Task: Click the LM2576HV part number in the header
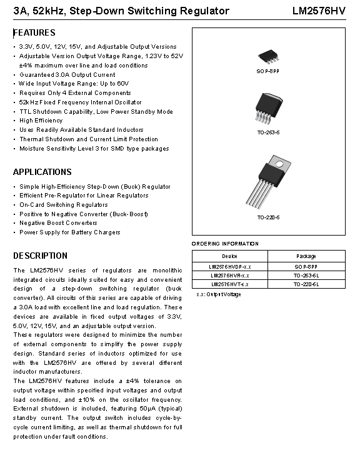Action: (319, 11)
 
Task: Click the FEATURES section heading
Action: (34, 32)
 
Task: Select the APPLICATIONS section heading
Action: (42, 172)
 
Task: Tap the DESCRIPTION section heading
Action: (41, 256)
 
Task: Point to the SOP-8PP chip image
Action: (268, 57)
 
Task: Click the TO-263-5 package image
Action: (268, 108)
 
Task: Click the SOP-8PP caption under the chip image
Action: (268, 72)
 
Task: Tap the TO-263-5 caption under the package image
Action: (268, 132)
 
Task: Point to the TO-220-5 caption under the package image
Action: (268, 217)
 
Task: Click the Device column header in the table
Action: (229, 256)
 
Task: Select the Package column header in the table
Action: (306, 256)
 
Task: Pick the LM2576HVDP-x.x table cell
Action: (229, 266)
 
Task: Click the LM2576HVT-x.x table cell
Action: (229, 284)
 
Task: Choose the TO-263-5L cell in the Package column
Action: (306, 275)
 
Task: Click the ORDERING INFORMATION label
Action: (225, 244)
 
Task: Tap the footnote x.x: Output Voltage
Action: (218, 294)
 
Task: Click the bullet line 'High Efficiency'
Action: (41, 121)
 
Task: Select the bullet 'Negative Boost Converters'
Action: (58, 223)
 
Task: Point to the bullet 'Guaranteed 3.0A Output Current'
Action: (67, 74)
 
